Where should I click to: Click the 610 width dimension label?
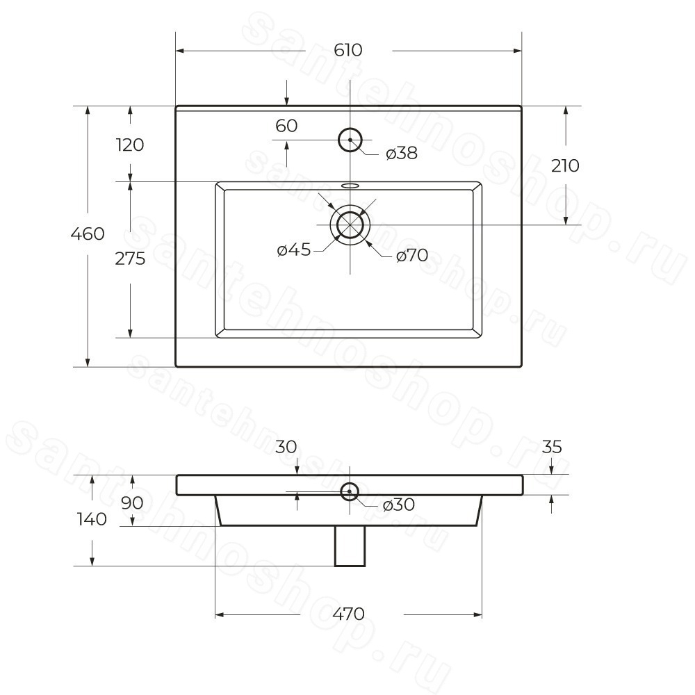348,50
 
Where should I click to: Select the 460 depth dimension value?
88,234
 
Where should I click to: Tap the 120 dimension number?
130,145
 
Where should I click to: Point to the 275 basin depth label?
130,259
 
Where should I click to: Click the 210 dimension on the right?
565,166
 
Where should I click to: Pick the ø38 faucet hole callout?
402,154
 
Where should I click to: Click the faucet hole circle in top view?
350,140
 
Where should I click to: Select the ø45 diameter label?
294,250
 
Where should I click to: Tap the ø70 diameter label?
412,255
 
